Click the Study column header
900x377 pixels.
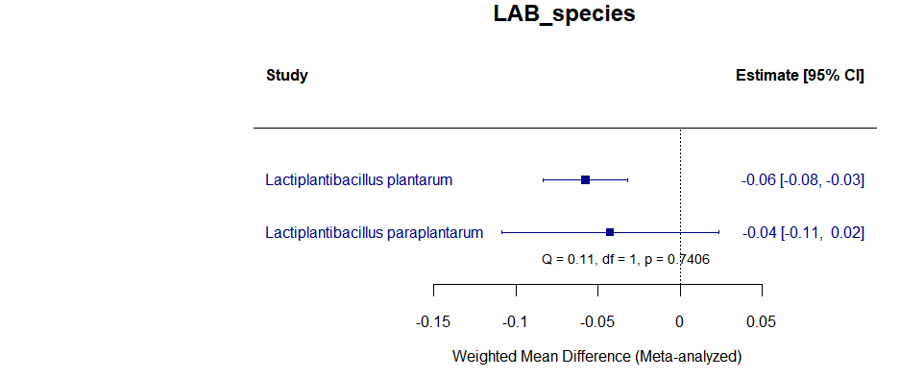point(286,76)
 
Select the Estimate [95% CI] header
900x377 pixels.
point(799,76)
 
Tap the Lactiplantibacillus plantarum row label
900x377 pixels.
point(358,179)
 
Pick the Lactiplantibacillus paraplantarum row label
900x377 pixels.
point(374,232)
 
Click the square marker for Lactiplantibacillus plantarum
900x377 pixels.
point(585,179)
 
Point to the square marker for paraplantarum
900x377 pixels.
point(610,232)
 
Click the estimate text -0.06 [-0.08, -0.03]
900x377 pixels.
point(803,179)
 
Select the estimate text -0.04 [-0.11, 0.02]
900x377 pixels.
point(803,232)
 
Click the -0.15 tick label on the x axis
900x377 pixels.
point(433,322)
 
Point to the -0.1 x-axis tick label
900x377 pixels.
point(516,322)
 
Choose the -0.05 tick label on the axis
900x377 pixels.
point(597,322)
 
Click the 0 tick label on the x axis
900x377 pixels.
point(680,322)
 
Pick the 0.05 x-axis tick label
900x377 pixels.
point(762,322)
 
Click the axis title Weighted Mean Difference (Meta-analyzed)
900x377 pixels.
point(596,356)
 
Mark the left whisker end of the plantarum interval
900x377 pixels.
point(544,179)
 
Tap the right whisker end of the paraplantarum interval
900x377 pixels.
point(718,232)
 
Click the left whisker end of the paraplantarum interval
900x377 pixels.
point(501,232)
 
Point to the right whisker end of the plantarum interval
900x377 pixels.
point(627,179)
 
